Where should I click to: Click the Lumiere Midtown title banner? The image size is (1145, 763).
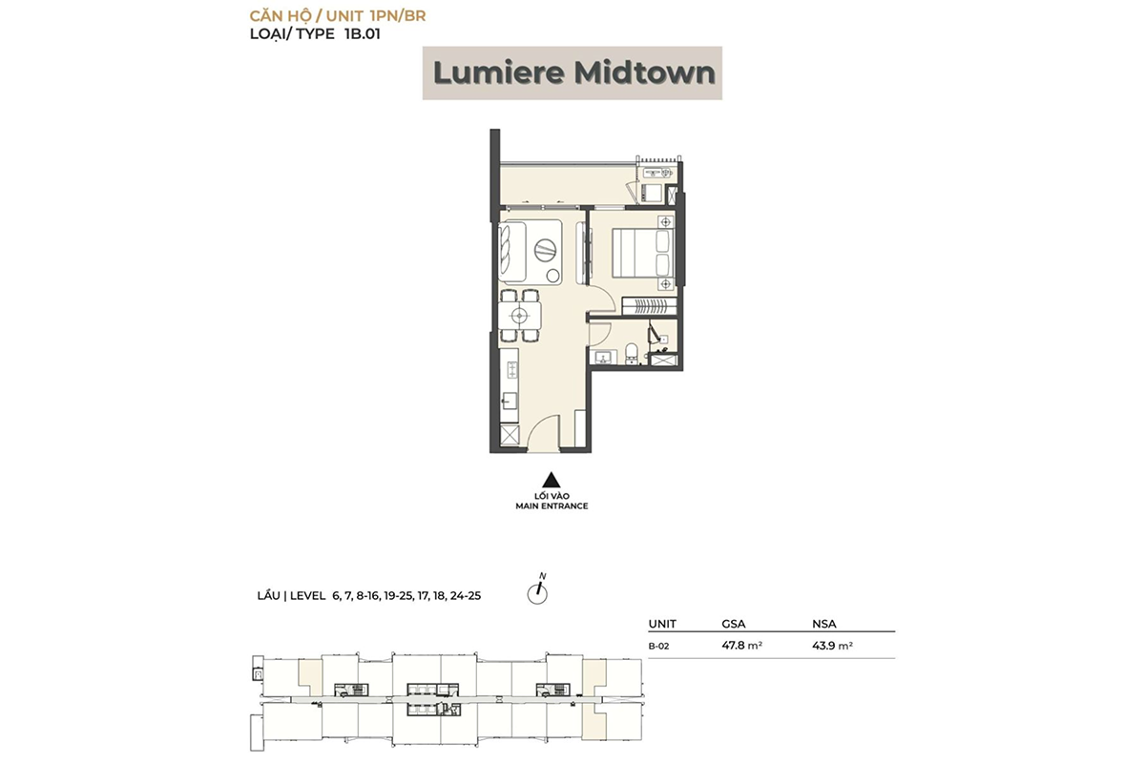click(x=572, y=73)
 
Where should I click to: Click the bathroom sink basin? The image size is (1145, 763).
click(x=602, y=358)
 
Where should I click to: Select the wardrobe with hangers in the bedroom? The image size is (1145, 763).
click(x=649, y=305)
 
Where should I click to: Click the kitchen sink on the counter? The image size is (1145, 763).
click(x=510, y=401)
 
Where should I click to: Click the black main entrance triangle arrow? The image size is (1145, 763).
click(x=549, y=481)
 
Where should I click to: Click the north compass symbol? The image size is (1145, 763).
click(x=539, y=592)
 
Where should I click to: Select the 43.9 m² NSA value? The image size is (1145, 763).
click(x=831, y=646)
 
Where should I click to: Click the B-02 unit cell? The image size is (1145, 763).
click(x=657, y=646)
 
